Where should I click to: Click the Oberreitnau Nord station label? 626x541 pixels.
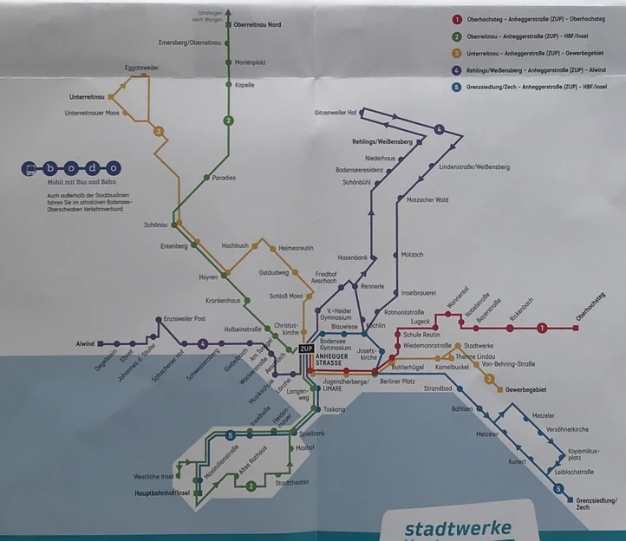click(x=258, y=25)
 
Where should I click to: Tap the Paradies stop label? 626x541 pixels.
click(x=224, y=178)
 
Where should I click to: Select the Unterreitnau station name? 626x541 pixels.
click(x=87, y=97)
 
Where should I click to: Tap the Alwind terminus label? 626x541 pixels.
click(x=84, y=343)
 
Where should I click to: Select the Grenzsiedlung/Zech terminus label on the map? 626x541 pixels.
click(x=596, y=503)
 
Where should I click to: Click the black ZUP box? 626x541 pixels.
click(x=306, y=349)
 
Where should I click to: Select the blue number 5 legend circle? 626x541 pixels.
click(x=456, y=87)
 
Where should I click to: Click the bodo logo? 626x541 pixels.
click(x=73, y=168)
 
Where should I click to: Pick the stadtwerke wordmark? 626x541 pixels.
click(x=458, y=529)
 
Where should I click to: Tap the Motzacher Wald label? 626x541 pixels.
click(x=427, y=200)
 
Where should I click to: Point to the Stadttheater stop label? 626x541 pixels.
click(x=291, y=482)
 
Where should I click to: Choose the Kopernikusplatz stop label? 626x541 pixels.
click(x=584, y=454)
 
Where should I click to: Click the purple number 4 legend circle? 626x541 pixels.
click(x=456, y=69)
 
